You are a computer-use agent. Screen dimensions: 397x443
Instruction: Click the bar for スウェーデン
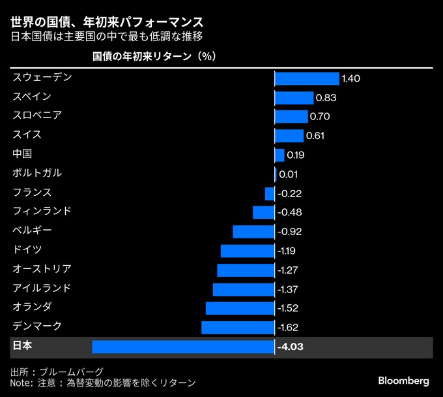[x=307, y=78]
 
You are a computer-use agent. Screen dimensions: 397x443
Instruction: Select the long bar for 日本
[x=183, y=347]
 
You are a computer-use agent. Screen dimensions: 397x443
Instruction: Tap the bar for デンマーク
[x=238, y=327]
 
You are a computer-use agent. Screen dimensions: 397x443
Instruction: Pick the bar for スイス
[x=289, y=136]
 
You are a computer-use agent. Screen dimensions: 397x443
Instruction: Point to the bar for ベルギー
[x=253, y=232]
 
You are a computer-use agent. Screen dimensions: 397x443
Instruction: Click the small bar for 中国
[x=279, y=155]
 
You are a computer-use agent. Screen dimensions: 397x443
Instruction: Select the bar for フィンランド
[x=264, y=212]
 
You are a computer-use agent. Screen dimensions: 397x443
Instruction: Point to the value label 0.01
[x=288, y=174]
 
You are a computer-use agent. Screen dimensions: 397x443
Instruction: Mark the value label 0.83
[x=326, y=98]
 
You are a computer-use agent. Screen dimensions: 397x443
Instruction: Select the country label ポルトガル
[x=37, y=173]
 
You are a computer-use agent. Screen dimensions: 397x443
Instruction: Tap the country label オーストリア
[x=42, y=269]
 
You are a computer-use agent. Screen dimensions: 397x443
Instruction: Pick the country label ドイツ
[x=27, y=249]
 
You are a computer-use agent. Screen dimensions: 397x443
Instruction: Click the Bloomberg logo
[x=403, y=380]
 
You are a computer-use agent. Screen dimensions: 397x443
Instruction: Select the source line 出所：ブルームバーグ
[x=57, y=371]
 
